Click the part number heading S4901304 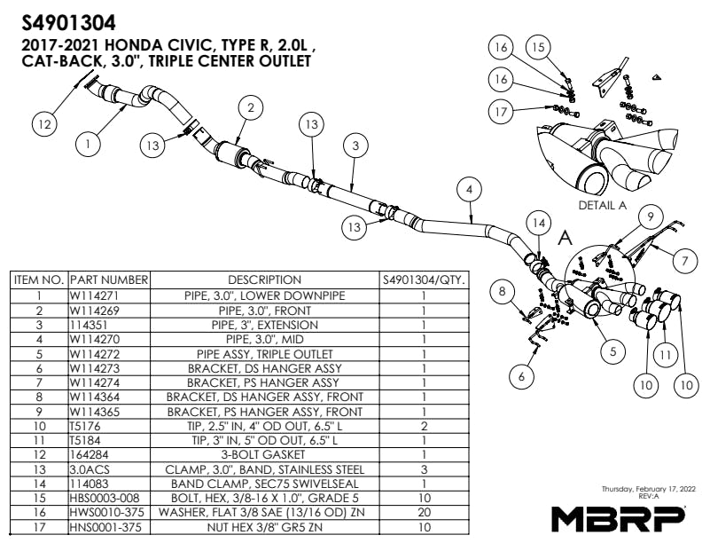point(66,20)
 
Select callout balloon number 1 point(87,141)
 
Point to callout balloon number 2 point(252,108)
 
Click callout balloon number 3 point(355,144)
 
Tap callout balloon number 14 point(537,223)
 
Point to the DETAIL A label point(602,204)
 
